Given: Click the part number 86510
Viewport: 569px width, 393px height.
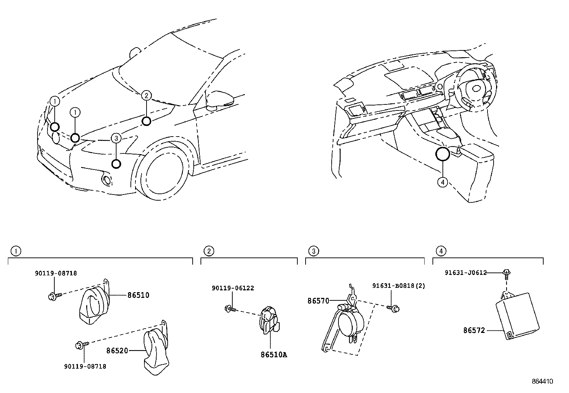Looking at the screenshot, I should [138, 295].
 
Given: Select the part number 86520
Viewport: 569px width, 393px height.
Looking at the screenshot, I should [117, 351].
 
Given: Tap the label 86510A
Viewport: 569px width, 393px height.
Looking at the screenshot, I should [274, 355].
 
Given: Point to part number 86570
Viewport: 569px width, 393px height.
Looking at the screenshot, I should [318, 301].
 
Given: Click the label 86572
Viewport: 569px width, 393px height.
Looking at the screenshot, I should [474, 331].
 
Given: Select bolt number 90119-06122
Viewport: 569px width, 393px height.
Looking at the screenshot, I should [233, 288].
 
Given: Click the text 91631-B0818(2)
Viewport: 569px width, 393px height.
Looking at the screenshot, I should [399, 286].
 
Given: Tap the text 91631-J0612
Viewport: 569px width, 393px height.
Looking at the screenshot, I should [466, 272].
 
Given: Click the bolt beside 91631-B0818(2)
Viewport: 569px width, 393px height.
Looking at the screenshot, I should [394, 307].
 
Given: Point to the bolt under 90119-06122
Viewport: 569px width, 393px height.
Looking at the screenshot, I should [229, 308].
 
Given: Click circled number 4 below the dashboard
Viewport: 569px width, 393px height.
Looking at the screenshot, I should [442, 182].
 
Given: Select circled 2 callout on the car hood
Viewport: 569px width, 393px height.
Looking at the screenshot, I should [147, 95].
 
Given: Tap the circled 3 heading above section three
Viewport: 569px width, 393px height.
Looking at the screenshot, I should [313, 251].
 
